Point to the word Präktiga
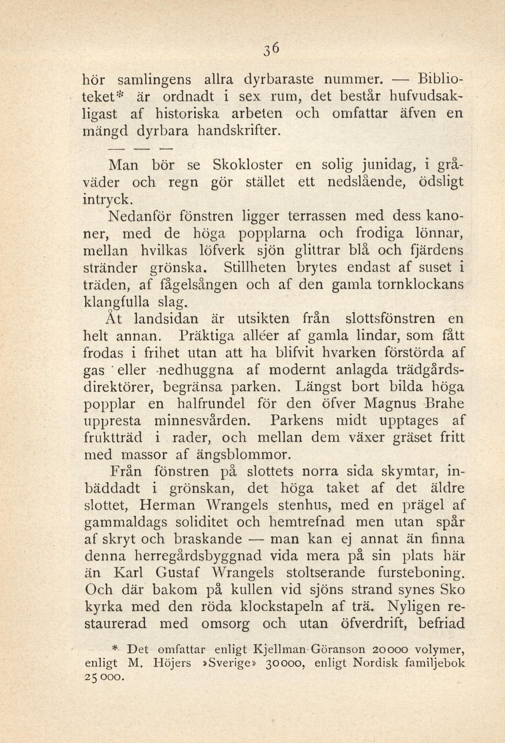(x=209, y=336)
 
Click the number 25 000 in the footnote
(x=103, y=677)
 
